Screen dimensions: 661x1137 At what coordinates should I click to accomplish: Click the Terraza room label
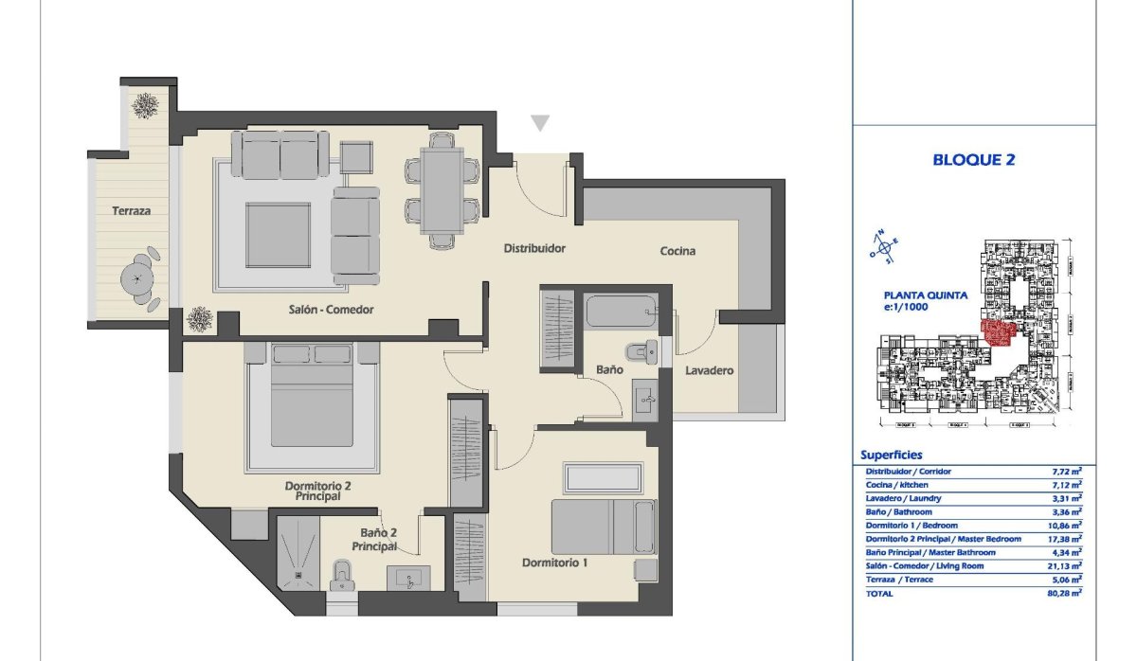pos(130,211)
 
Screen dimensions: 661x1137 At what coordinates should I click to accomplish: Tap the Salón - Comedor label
pos(332,310)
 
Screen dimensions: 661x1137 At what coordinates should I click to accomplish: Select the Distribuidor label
pos(534,249)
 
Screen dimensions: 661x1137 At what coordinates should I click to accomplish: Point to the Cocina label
pos(677,251)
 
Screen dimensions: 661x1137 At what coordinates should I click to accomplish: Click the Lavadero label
pos(710,371)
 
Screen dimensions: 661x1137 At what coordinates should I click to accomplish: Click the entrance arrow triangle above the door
pos(540,123)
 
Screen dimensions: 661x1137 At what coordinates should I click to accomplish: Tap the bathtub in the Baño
pos(622,311)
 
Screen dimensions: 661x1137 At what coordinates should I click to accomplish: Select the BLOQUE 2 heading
pos(974,160)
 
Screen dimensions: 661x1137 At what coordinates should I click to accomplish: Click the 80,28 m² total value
pos(1066,593)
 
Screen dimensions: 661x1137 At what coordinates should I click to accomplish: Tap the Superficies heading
pos(891,455)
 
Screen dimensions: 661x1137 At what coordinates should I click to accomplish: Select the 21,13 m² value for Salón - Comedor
pos(1067,565)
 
